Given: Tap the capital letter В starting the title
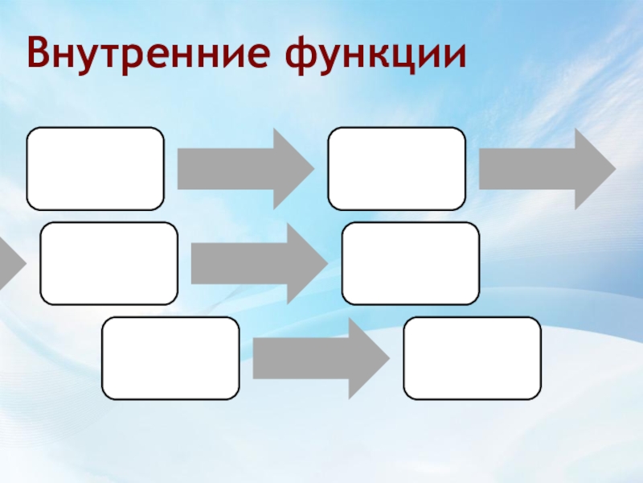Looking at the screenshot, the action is [x=37, y=54].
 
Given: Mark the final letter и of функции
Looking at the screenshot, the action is [x=455, y=55].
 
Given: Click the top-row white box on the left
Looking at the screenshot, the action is [x=96, y=169].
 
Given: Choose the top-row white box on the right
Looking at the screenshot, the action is [x=397, y=169].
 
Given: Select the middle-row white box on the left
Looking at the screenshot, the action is [x=109, y=264].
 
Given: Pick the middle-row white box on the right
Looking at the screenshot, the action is [x=411, y=264].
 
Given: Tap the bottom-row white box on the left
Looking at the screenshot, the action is [x=171, y=358].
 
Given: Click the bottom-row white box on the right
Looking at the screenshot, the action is [x=473, y=358].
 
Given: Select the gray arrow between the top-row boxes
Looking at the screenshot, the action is [x=241, y=169].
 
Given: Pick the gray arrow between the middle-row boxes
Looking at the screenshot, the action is [x=255, y=264].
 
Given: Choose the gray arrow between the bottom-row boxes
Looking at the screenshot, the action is [x=317, y=358].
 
